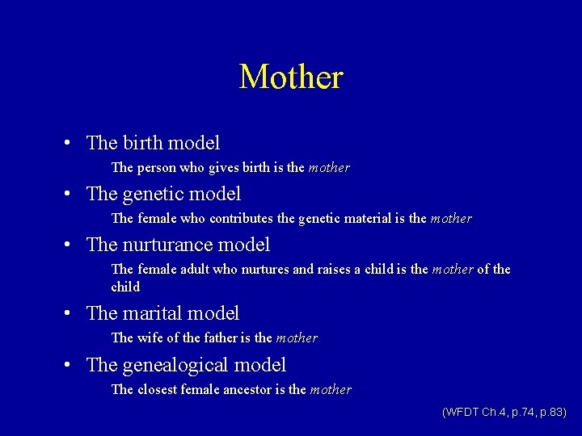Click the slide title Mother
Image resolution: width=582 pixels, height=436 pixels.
tap(291, 78)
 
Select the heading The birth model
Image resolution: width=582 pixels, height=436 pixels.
tap(153, 144)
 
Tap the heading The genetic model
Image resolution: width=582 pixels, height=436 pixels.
tap(163, 195)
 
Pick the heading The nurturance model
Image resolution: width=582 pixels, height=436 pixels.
tap(178, 245)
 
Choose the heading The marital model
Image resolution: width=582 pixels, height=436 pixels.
tap(162, 313)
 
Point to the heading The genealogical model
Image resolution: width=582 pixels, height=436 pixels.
tap(186, 365)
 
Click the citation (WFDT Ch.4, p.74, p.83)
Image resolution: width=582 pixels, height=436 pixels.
tap(504, 412)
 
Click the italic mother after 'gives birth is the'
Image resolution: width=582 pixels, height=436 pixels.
tap(329, 168)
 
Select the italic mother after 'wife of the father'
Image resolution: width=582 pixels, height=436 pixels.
tap(297, 337)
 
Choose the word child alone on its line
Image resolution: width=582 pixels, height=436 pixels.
tap(125, 287)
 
